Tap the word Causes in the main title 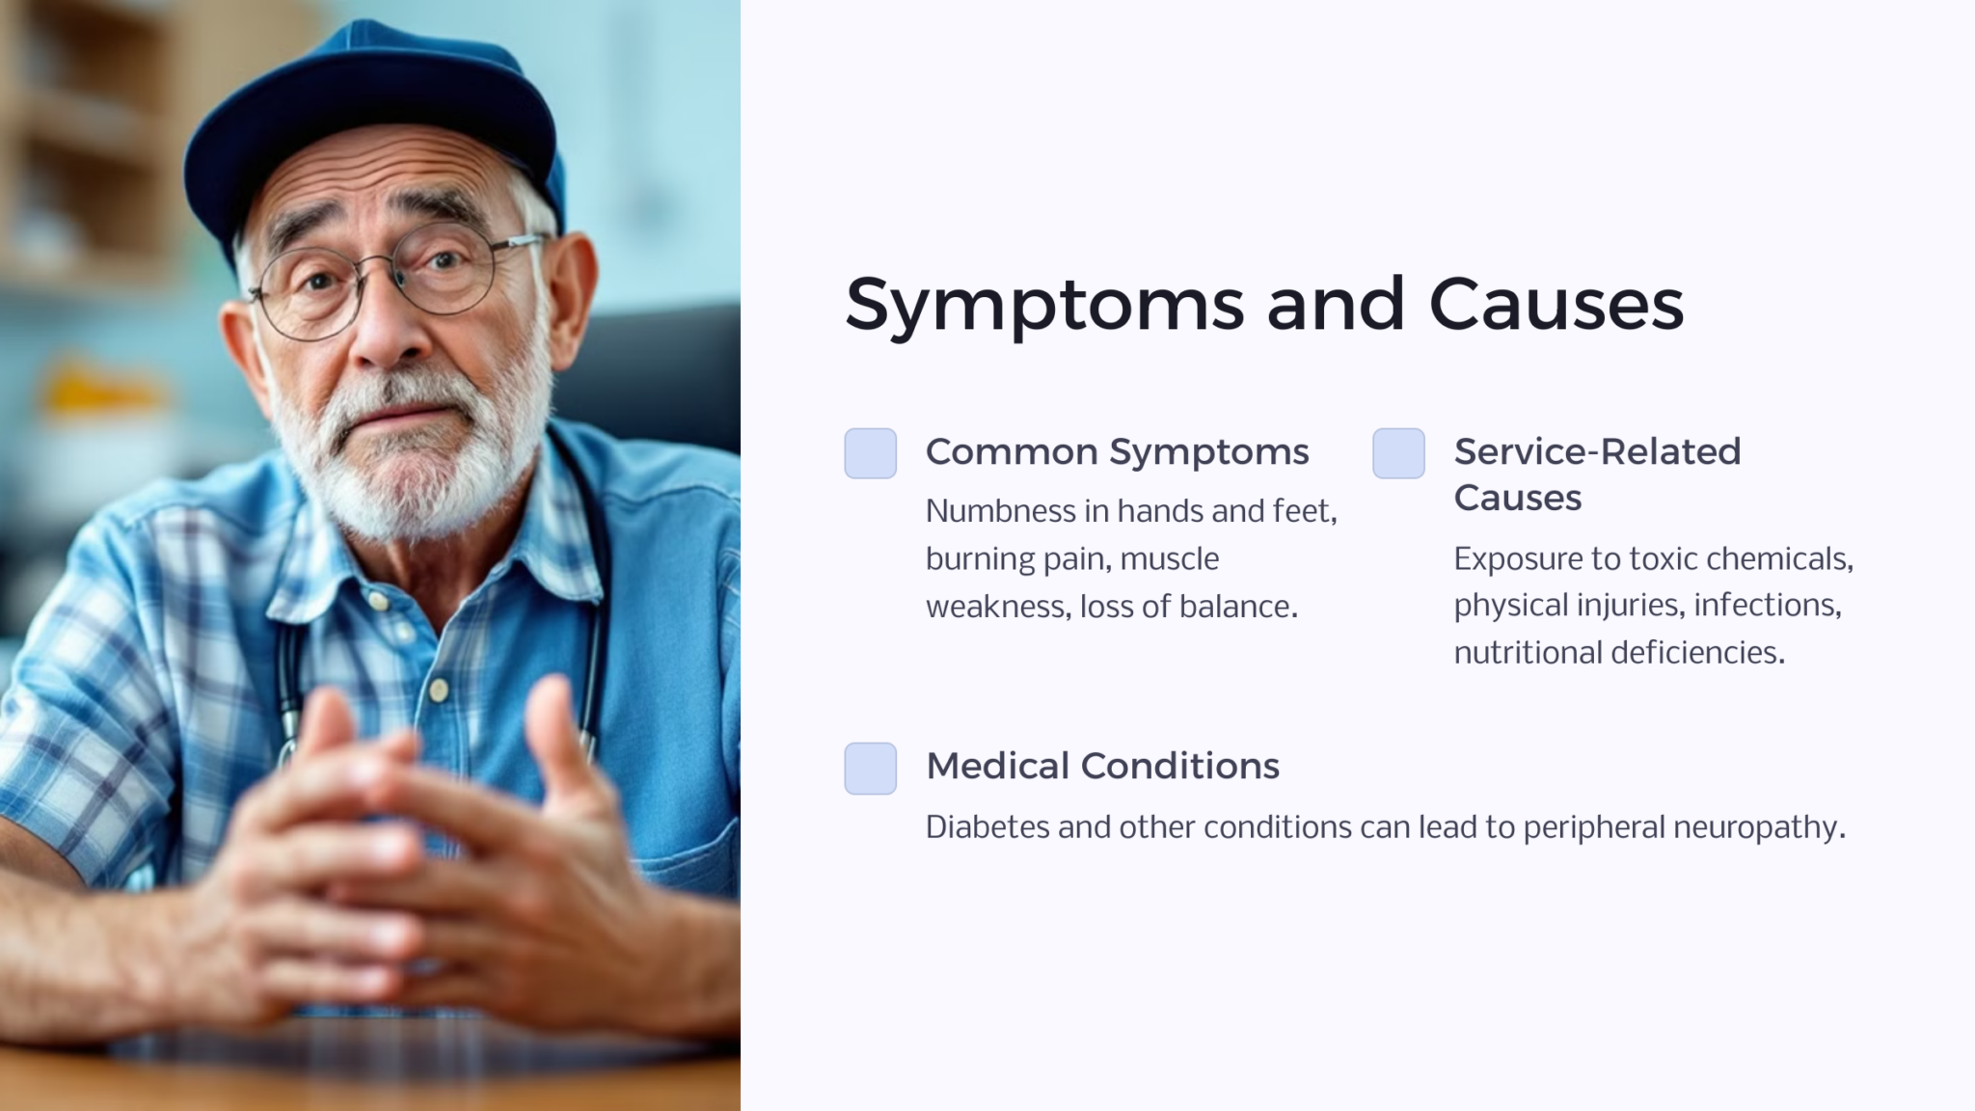(1556, 304)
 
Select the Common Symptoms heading (1117, 451)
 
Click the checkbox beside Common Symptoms (870, 453)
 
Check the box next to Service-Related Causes (1398, 453)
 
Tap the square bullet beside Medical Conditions (870, 768)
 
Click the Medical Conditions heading (1102, 766)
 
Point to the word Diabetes (987, 827)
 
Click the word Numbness (999, 511)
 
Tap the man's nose (386, 328)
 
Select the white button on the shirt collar (379, 603)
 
